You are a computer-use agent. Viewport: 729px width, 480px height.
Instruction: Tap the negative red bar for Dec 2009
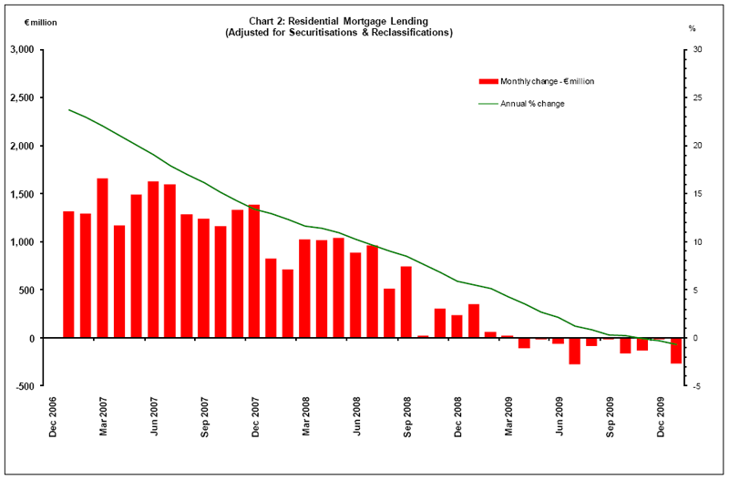(x=676, y=351)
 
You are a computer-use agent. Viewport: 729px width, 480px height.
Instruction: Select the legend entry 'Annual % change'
(x=532, y=104)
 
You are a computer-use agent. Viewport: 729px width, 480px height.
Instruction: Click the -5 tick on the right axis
(x=696, y=386)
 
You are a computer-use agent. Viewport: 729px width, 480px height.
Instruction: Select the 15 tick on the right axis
(x=697, y=194)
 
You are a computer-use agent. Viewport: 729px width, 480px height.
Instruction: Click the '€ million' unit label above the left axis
(x=37, y=24)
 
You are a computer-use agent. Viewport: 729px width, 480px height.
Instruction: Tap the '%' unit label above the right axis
(x=692, y=28)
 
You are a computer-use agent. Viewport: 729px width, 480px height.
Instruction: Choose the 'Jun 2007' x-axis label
(x=154, y=417)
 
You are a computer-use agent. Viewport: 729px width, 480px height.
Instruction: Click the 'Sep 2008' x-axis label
(x=407, y=417)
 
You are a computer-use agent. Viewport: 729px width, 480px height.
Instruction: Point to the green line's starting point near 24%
(x=68, y=109)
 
